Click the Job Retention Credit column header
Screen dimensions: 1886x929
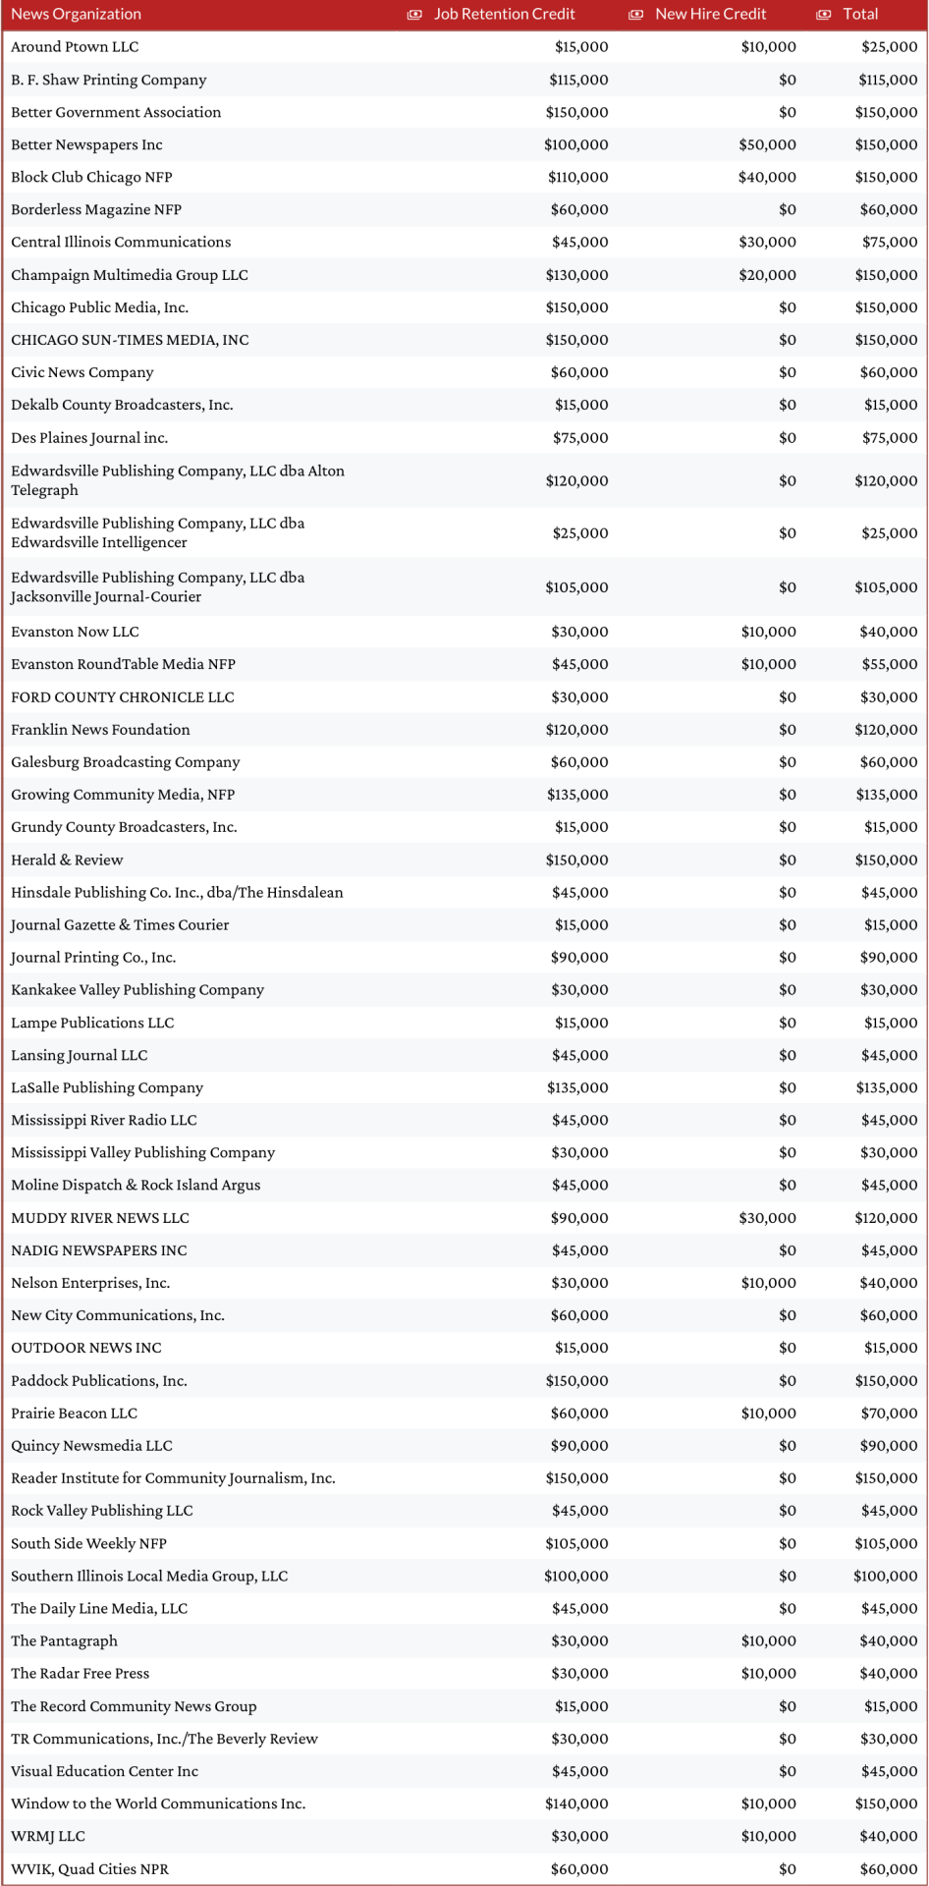(505, 15)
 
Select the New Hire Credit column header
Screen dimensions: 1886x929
(710, 15)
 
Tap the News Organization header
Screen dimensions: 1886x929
(76, 15)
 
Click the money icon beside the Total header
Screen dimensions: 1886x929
(824, 15)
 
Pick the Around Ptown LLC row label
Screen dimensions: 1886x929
(75, 47)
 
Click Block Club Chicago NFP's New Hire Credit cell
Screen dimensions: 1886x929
(767, 178)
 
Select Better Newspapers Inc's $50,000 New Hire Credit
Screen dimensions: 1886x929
(767, 145)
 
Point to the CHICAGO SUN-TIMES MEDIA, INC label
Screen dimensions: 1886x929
(130, 340)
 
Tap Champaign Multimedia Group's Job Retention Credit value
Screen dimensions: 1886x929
(576, 275)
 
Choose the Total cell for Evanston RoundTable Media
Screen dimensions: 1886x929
(889, 664)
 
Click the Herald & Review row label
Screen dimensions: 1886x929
(67, 860)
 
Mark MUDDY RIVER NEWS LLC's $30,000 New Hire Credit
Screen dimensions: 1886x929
(767, 1218)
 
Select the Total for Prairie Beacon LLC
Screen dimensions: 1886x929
(889, 1414)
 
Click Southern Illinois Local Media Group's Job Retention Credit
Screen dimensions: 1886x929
(576, 1577)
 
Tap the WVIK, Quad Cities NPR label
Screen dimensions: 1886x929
(89, 1869)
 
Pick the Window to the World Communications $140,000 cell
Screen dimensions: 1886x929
(576, 1804)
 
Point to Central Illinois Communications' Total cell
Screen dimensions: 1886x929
(889, 243)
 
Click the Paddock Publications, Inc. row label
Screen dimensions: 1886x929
(99, 1381)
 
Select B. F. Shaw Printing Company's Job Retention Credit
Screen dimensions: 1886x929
(578, 81)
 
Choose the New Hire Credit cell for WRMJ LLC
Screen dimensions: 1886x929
(768, 1837)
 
